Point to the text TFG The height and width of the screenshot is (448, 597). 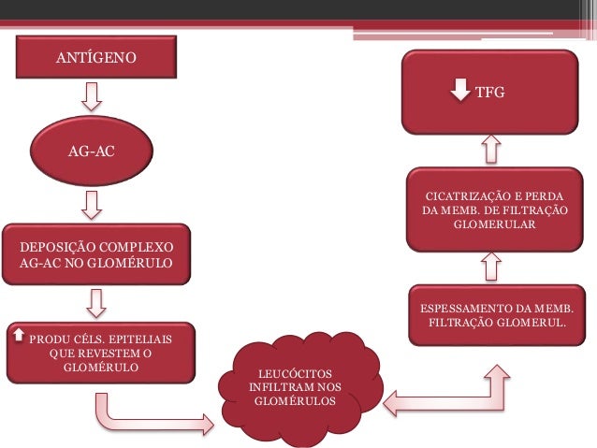pos(490,92)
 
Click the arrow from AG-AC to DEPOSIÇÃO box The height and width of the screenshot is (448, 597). pos(92,204)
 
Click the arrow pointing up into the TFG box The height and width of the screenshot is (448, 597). pos(492,151)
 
